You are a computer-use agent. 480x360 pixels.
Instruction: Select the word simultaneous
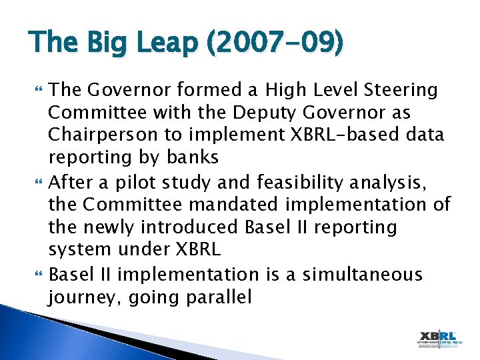tap(363, 273)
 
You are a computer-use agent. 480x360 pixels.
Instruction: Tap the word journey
tap(79, 297)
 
